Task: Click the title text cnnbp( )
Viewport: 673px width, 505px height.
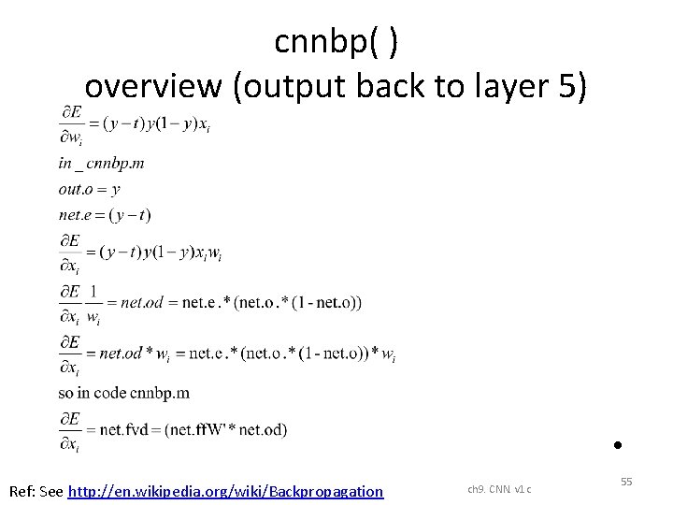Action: click(x=337, y=41)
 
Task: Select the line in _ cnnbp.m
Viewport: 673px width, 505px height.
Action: click(x=101, y=164)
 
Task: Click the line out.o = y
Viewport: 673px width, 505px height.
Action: click(x=89, y=189)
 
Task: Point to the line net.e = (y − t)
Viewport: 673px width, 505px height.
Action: click(x=104, y=215)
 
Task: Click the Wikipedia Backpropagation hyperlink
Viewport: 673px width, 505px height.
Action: click(x=226, y=491)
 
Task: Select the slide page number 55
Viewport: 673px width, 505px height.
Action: click(x=626, y=481)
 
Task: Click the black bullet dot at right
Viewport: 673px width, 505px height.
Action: click(x=618, y=445)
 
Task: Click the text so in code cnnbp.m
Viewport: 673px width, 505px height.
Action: click(x=124, y=392)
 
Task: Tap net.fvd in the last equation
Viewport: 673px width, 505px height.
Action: click(x=122, y=430)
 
